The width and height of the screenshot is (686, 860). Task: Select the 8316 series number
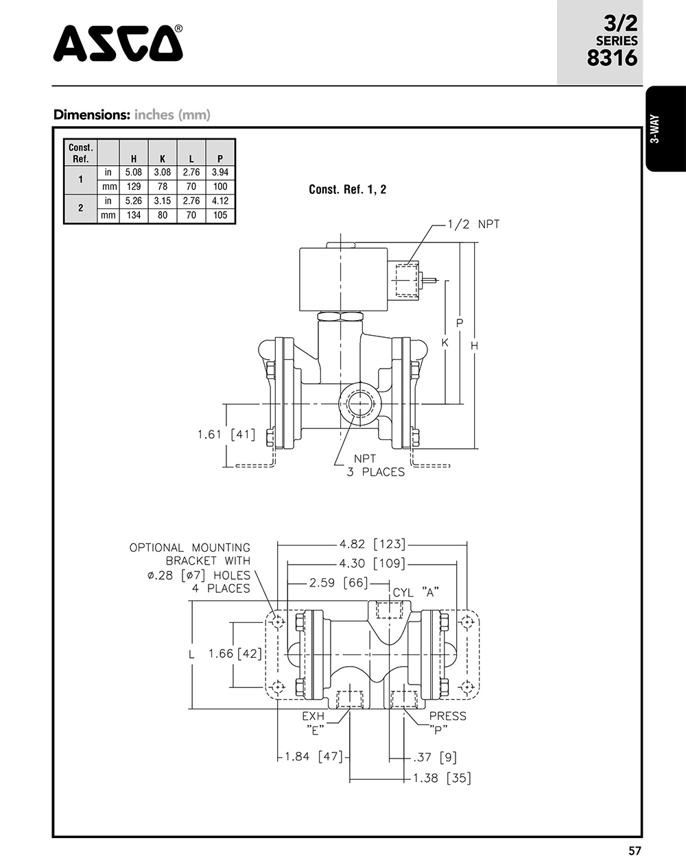(612, 58)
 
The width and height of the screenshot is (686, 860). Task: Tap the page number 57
(635, 850)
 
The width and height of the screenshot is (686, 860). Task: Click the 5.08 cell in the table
(134, 173)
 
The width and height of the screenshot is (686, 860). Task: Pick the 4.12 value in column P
(220, 201)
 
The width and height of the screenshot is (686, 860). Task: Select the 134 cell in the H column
(134, 216)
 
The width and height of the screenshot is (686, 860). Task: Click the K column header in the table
(163, 158)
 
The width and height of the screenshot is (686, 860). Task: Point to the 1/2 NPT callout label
(473, 224)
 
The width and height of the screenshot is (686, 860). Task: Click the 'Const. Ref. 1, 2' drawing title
(347, 189)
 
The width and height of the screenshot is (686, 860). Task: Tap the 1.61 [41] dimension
(226, 434)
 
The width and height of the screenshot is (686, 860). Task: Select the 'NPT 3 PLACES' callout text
(375, 465)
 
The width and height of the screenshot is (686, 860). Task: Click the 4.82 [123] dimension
(372, 545)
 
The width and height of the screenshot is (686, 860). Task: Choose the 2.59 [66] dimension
(338, 583)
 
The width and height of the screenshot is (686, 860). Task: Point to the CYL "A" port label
(415, 592)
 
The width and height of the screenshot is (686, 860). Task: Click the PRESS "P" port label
(447, 722)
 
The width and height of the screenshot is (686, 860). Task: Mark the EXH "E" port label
(314, 722)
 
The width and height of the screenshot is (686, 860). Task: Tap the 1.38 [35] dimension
(442, 778)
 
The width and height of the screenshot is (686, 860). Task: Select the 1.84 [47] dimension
(314, 757)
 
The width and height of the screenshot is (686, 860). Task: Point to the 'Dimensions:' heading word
(91, 114)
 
